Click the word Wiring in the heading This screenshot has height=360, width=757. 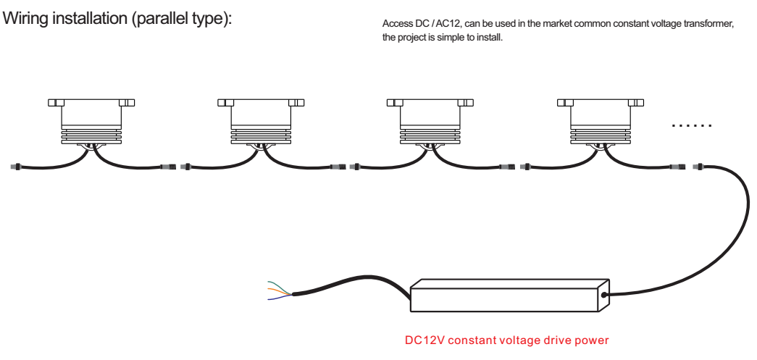click(25, 19)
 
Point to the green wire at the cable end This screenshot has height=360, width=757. click(280, 287)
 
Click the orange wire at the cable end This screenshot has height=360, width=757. click(280, 291)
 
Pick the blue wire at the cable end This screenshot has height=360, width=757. click(280, 297)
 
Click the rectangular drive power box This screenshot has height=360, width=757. click(509, 295)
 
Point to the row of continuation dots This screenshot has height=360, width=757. click(692, 125)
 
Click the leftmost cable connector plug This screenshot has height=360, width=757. click(15, 167)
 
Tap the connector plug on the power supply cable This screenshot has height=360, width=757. click(699, 167)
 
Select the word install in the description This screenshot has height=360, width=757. click(489, 38)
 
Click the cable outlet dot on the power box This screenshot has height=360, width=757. click(604, 294)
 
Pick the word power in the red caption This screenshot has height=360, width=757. click(592, 341)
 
